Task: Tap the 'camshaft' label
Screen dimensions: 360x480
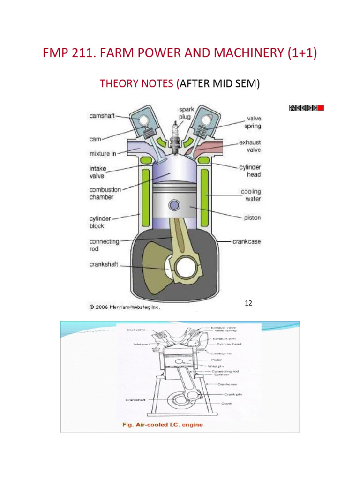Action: point(102,116)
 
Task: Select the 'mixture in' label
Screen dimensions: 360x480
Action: point(103,153)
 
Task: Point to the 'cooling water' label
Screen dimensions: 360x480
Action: point(251,195)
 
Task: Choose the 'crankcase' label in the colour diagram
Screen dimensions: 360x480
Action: point(247,242)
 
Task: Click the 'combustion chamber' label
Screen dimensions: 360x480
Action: point(105,194)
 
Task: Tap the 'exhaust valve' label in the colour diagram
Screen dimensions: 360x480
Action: point(250,146)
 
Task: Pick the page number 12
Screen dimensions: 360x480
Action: point(248,303)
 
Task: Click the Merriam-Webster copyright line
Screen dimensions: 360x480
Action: point(125,307)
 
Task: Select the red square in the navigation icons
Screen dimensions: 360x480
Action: point(321,108)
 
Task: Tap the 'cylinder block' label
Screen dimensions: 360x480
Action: point(100,222)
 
